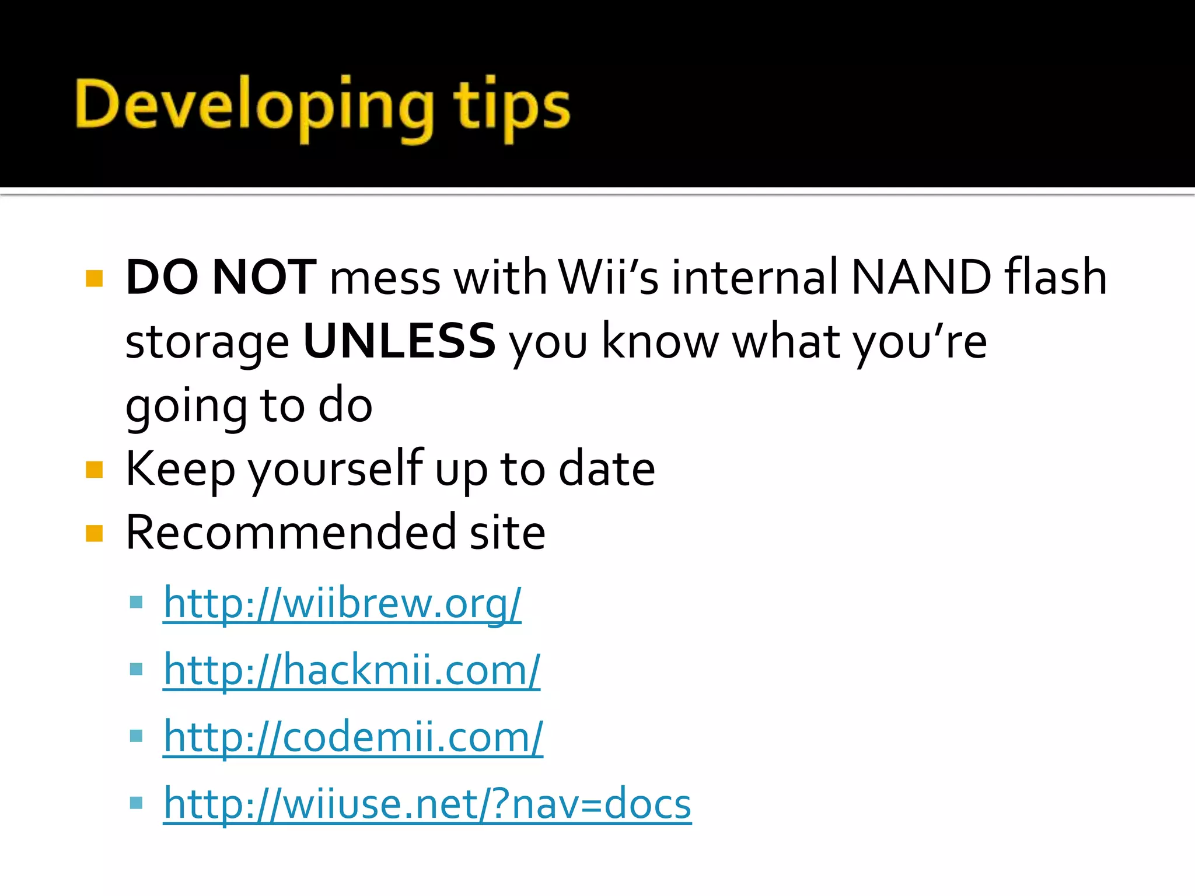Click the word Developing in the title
254,105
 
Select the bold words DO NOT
221,277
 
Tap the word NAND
921,277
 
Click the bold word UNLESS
400,341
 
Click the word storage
207,343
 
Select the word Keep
180,470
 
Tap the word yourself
336,470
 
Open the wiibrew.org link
342,603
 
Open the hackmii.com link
352,670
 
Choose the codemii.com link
353,737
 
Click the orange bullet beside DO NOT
94,278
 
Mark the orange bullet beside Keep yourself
94,470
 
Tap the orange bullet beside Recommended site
94,533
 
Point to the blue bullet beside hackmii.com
136,668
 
